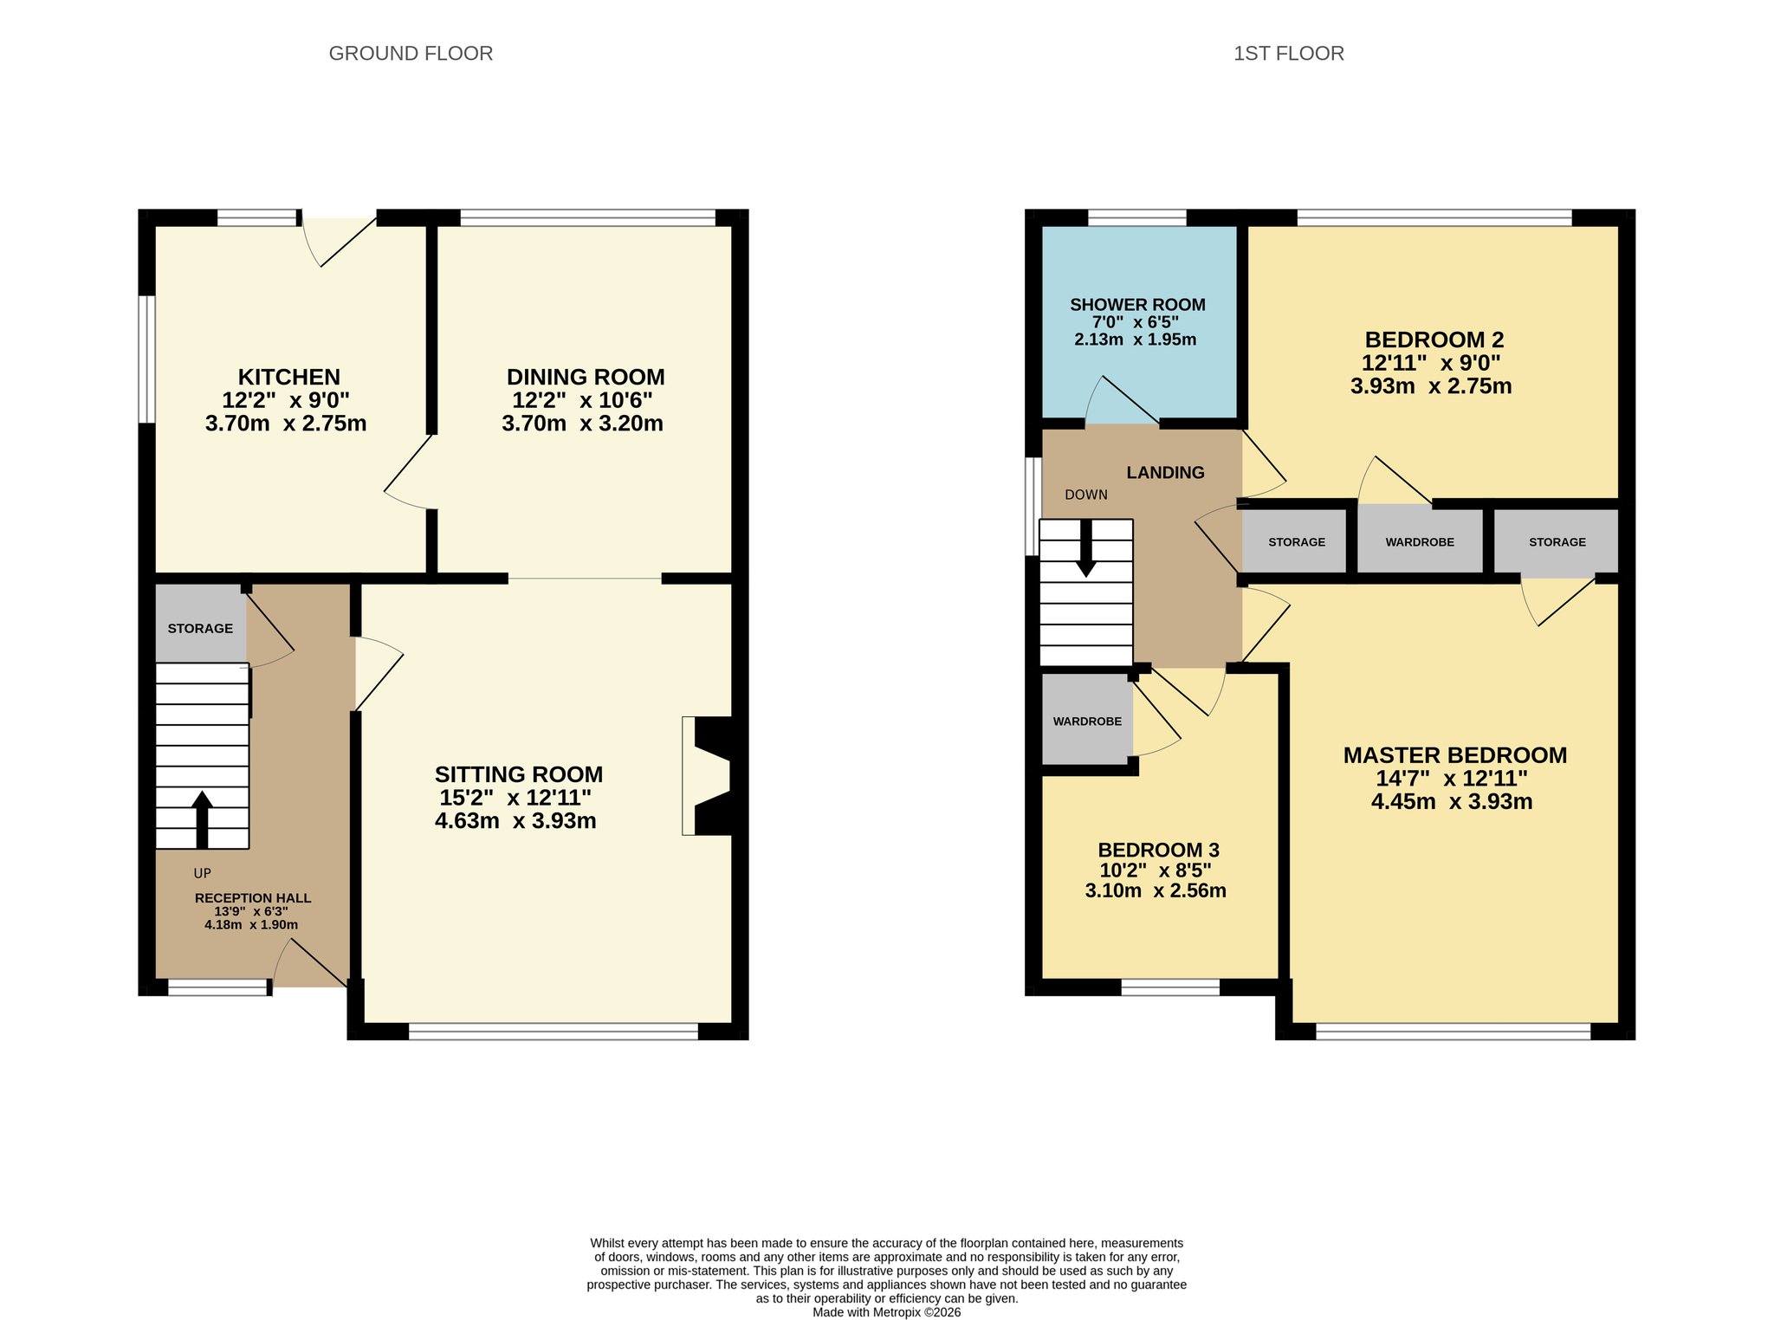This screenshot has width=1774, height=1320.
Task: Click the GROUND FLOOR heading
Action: (411, 54)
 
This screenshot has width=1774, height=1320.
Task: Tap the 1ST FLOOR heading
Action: (1288, 54)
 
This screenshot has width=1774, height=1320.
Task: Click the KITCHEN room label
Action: (289, 377)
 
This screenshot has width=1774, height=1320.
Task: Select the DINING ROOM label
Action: (586, 377)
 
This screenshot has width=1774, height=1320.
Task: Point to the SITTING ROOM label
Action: (519, 774)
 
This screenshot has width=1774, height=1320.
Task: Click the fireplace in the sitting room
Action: (708, 775)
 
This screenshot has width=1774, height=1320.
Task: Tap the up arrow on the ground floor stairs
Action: (202, 819)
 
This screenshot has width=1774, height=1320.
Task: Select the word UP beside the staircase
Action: (202, 873)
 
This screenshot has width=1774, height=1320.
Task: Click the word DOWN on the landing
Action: (1086, 495)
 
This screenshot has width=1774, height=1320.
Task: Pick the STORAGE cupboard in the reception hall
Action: (200, 624)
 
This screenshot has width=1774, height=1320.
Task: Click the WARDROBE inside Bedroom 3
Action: (1087, 720)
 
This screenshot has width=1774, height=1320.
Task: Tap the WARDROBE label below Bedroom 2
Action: (1420, 542)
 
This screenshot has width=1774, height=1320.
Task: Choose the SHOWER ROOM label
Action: (1137, 305)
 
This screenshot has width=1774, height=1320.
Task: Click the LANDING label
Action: (1165, 473)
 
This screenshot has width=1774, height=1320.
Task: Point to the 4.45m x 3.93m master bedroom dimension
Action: (1452, 802)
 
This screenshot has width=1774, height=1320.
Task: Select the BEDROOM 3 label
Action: (1158, 850)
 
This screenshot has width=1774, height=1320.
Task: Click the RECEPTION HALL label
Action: (253, 898)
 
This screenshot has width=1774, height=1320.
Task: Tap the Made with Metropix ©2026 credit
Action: (886, 1312)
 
